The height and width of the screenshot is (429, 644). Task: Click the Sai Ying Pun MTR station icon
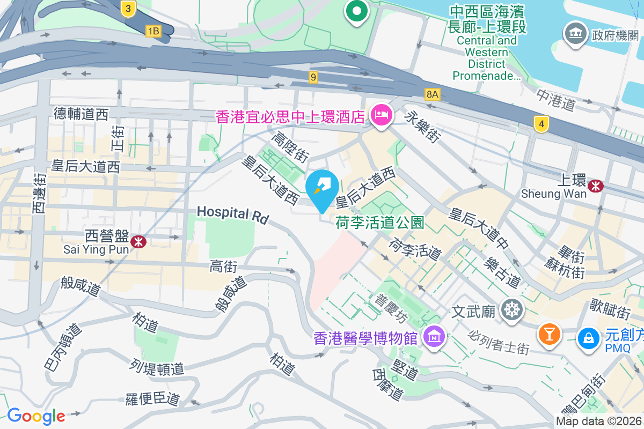138,241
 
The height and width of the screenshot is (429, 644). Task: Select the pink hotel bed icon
381,114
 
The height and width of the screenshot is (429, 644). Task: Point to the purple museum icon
434,337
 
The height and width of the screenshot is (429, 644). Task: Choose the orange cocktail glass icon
549,334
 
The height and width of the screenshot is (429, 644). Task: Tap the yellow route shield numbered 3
128,8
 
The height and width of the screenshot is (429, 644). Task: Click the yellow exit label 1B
153,31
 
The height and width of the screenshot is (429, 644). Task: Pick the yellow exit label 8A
433,94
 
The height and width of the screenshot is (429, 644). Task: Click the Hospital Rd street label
232,213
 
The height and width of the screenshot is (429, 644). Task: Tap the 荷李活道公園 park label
380,222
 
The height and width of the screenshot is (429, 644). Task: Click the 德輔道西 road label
81,114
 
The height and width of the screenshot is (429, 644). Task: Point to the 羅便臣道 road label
152,399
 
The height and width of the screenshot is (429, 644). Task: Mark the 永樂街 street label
423,127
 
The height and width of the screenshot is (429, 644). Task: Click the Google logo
36,416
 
